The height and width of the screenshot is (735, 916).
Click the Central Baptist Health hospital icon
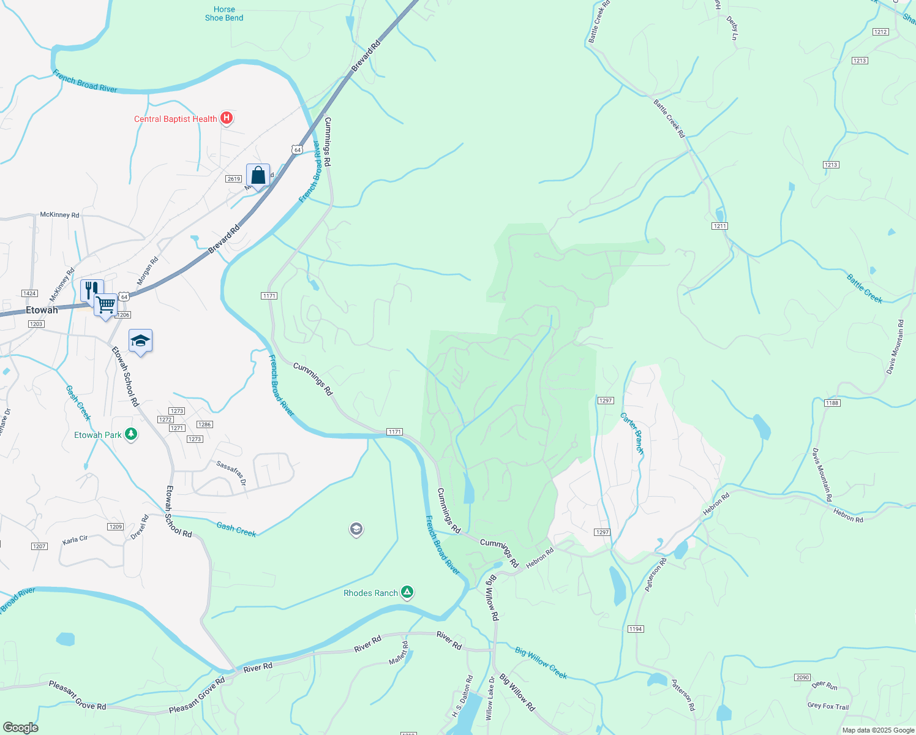tap(227, 118)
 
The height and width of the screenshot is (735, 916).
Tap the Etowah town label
tap(42, 310)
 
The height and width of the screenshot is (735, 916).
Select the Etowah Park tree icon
tap(130, 434)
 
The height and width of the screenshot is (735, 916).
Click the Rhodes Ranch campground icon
tap(407, 592)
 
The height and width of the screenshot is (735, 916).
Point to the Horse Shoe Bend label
tap(224, 13)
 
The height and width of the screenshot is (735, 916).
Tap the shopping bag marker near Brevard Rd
tap(258, 176)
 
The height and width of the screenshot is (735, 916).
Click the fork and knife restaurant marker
tap(92, 290)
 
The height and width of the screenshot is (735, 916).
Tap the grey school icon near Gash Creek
tap(356, 529)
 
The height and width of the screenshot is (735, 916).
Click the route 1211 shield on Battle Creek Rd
tap(719, 226)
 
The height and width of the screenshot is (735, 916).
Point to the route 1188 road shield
tap(832, 402)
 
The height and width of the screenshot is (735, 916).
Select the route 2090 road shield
tap(803, 677)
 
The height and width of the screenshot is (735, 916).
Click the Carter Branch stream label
tap(633, 433)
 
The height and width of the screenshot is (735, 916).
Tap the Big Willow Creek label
tap(541, 663)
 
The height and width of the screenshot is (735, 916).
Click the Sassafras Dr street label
tap(231, 473)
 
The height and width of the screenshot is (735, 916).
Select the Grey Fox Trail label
tap(828, 706)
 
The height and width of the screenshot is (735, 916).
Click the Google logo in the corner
tap(20, 728)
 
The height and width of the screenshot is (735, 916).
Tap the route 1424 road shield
tap(29, 293)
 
